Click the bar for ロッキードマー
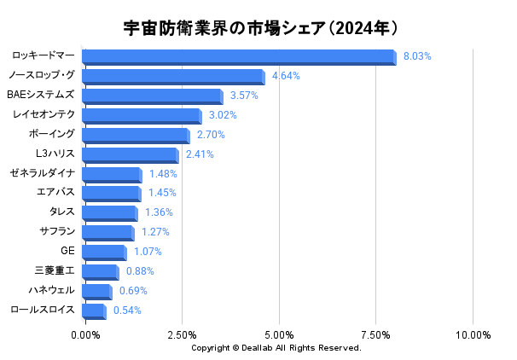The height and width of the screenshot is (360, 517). [239, 57]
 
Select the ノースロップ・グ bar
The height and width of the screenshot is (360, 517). [173, 77]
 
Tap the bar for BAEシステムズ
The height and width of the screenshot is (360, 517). [153, 96]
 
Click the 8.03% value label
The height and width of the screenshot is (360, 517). [417, 56]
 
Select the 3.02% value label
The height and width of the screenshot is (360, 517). [223, 115]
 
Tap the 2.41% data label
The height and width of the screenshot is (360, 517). [200, 154]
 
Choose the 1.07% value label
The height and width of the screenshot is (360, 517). [148, 252]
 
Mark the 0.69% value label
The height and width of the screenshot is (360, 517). [133, 291]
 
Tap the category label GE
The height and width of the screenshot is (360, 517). [68, 251]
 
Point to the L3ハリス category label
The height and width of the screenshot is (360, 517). [55, 154]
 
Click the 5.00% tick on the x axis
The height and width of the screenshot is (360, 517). [279, 334]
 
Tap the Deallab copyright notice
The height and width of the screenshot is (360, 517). [276, 348]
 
